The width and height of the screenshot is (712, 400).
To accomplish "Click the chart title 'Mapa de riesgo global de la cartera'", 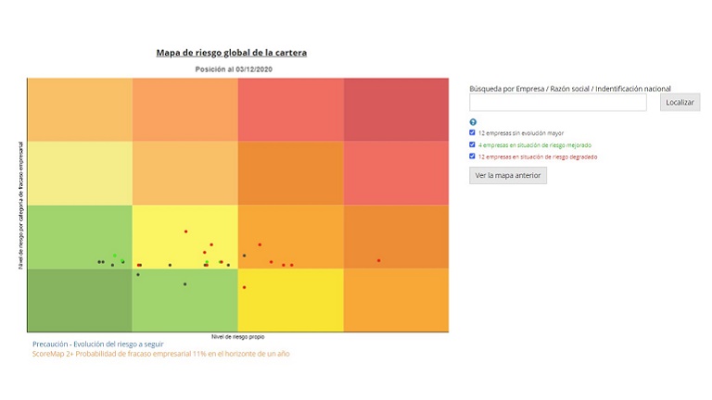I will point(231,53).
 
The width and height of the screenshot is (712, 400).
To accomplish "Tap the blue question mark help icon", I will point(473,122).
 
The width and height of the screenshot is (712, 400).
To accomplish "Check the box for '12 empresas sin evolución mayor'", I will point(473,133).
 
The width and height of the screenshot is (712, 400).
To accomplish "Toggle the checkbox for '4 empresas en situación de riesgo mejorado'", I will point(473,145).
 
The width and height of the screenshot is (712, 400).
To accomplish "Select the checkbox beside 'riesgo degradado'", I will point(473,156).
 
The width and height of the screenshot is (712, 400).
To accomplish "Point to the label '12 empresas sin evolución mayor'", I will point(521,133).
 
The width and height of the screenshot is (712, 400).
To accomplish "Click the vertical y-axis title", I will point(20,205).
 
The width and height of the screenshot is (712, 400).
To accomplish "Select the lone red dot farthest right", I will point(378,261).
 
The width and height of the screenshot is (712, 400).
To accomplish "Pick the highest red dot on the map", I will point(185,231).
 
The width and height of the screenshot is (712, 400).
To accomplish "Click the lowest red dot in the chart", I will point(244,287).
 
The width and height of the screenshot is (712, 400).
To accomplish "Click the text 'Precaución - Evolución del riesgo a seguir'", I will point(97,344).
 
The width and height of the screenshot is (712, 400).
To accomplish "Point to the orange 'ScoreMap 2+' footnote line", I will point(160,354).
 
